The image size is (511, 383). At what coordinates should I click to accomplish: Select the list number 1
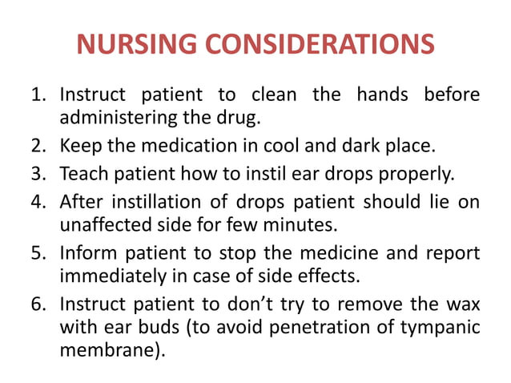click(37, 97)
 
